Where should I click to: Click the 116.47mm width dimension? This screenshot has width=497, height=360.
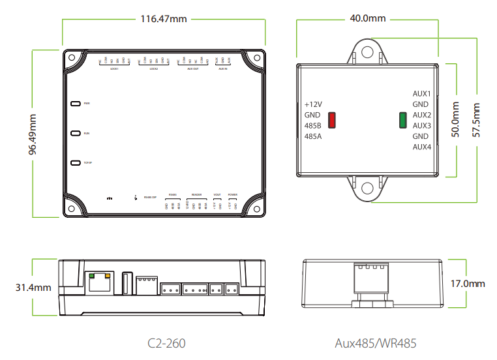click(x=164, y=19)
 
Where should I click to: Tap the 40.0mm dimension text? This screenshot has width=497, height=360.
click(x=367, y=18)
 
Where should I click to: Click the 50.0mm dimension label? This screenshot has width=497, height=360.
click(x=455, y=120)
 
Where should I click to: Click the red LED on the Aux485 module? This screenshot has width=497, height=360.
click(x=331, y=120)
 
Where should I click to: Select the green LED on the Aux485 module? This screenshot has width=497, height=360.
click(x=402, y=120)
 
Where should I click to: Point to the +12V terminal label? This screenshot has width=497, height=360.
click(x=314, y=104)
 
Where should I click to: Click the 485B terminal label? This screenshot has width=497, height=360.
click(x=314, y=125)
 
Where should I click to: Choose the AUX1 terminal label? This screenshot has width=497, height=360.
click(x=421, y=94)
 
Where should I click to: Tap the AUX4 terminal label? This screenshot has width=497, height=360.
click(x=421, y=147)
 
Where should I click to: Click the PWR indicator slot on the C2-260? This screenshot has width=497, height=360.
click(x=75, y=104)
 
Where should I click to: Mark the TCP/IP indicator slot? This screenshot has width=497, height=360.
click(x=75, y=162)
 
